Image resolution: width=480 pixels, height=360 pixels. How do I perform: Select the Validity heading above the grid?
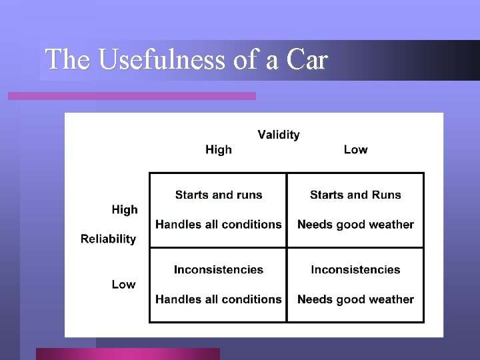279,135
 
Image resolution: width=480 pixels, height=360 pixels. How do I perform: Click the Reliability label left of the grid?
108,239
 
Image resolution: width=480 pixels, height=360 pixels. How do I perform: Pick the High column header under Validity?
219,149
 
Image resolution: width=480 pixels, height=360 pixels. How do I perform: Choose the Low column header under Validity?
355,149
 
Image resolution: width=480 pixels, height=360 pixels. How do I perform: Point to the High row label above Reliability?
125,209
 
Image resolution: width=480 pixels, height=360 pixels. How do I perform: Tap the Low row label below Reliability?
123,284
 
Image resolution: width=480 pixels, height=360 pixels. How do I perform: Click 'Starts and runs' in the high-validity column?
219,195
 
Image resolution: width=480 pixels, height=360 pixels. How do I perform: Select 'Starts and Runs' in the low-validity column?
355,195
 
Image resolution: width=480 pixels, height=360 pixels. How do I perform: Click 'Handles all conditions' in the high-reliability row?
219,225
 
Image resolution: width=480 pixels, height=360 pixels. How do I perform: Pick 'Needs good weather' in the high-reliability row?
355,225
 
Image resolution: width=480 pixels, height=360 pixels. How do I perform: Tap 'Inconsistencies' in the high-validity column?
219,270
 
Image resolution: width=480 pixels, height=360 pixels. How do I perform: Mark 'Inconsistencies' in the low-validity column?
355,270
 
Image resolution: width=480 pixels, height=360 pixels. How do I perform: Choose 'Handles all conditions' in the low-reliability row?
219,299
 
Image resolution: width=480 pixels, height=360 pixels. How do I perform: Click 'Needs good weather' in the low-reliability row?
355,299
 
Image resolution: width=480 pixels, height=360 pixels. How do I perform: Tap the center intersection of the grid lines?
287,247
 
